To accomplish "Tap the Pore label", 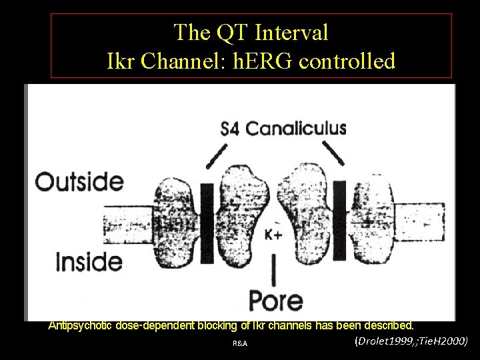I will (x=276, y=300).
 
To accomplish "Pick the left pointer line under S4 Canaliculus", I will (x=217, y=155).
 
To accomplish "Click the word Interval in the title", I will (x=287, y=32).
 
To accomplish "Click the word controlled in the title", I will (x=347, y=61).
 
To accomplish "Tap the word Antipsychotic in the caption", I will (x=81, y=326).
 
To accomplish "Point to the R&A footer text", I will (x=240, y=344).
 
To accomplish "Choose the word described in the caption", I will (x=386, y=326).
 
